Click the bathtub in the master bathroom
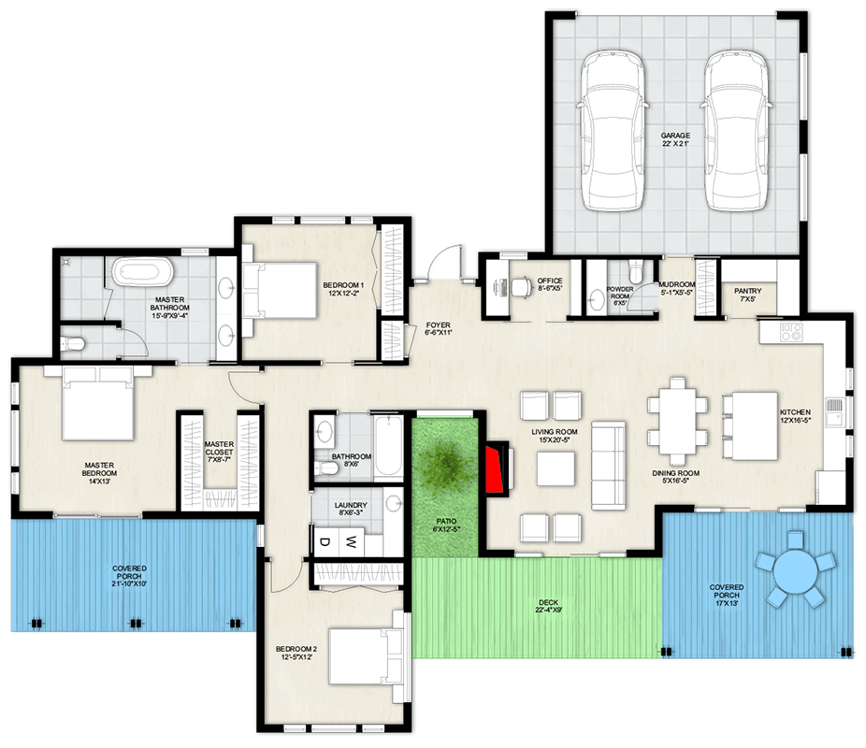coord(143,273)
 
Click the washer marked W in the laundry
coord(352,540)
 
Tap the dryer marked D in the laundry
coord(325,540)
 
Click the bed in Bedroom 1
coord(281,288)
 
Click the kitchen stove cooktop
coord(788,330)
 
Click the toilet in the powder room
coord(636,272)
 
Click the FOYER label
coord(439,326)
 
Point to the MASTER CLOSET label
coord(219,450)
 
